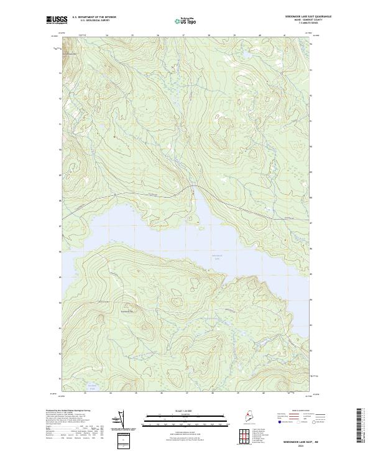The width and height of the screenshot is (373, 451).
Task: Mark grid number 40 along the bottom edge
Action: (263, 393)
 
